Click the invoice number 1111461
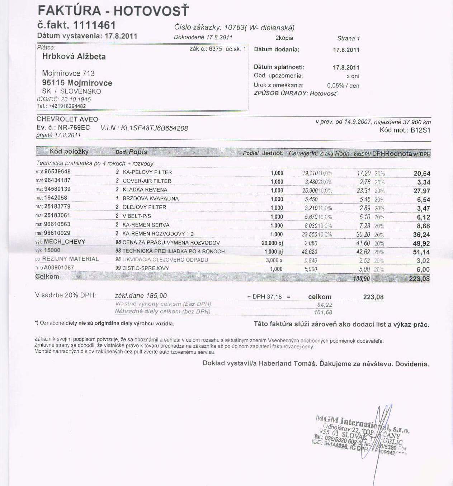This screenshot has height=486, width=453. (x=94, y=25)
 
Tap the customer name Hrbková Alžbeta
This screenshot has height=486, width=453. (x=74, y=56)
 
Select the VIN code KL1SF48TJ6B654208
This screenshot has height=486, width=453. (x=154, y=128)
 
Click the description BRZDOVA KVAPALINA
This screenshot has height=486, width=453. (x=151, y=199)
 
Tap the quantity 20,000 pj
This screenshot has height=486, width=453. (x=272, y=243)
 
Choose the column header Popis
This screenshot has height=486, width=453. (x=138, y=152)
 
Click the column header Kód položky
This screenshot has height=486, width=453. (x=69, y=152)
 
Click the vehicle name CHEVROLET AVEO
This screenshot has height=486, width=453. (x=67, y=119)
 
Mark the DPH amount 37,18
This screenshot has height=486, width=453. (x=274, y=297)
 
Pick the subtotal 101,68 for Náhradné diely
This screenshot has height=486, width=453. (x=323, y=313)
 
